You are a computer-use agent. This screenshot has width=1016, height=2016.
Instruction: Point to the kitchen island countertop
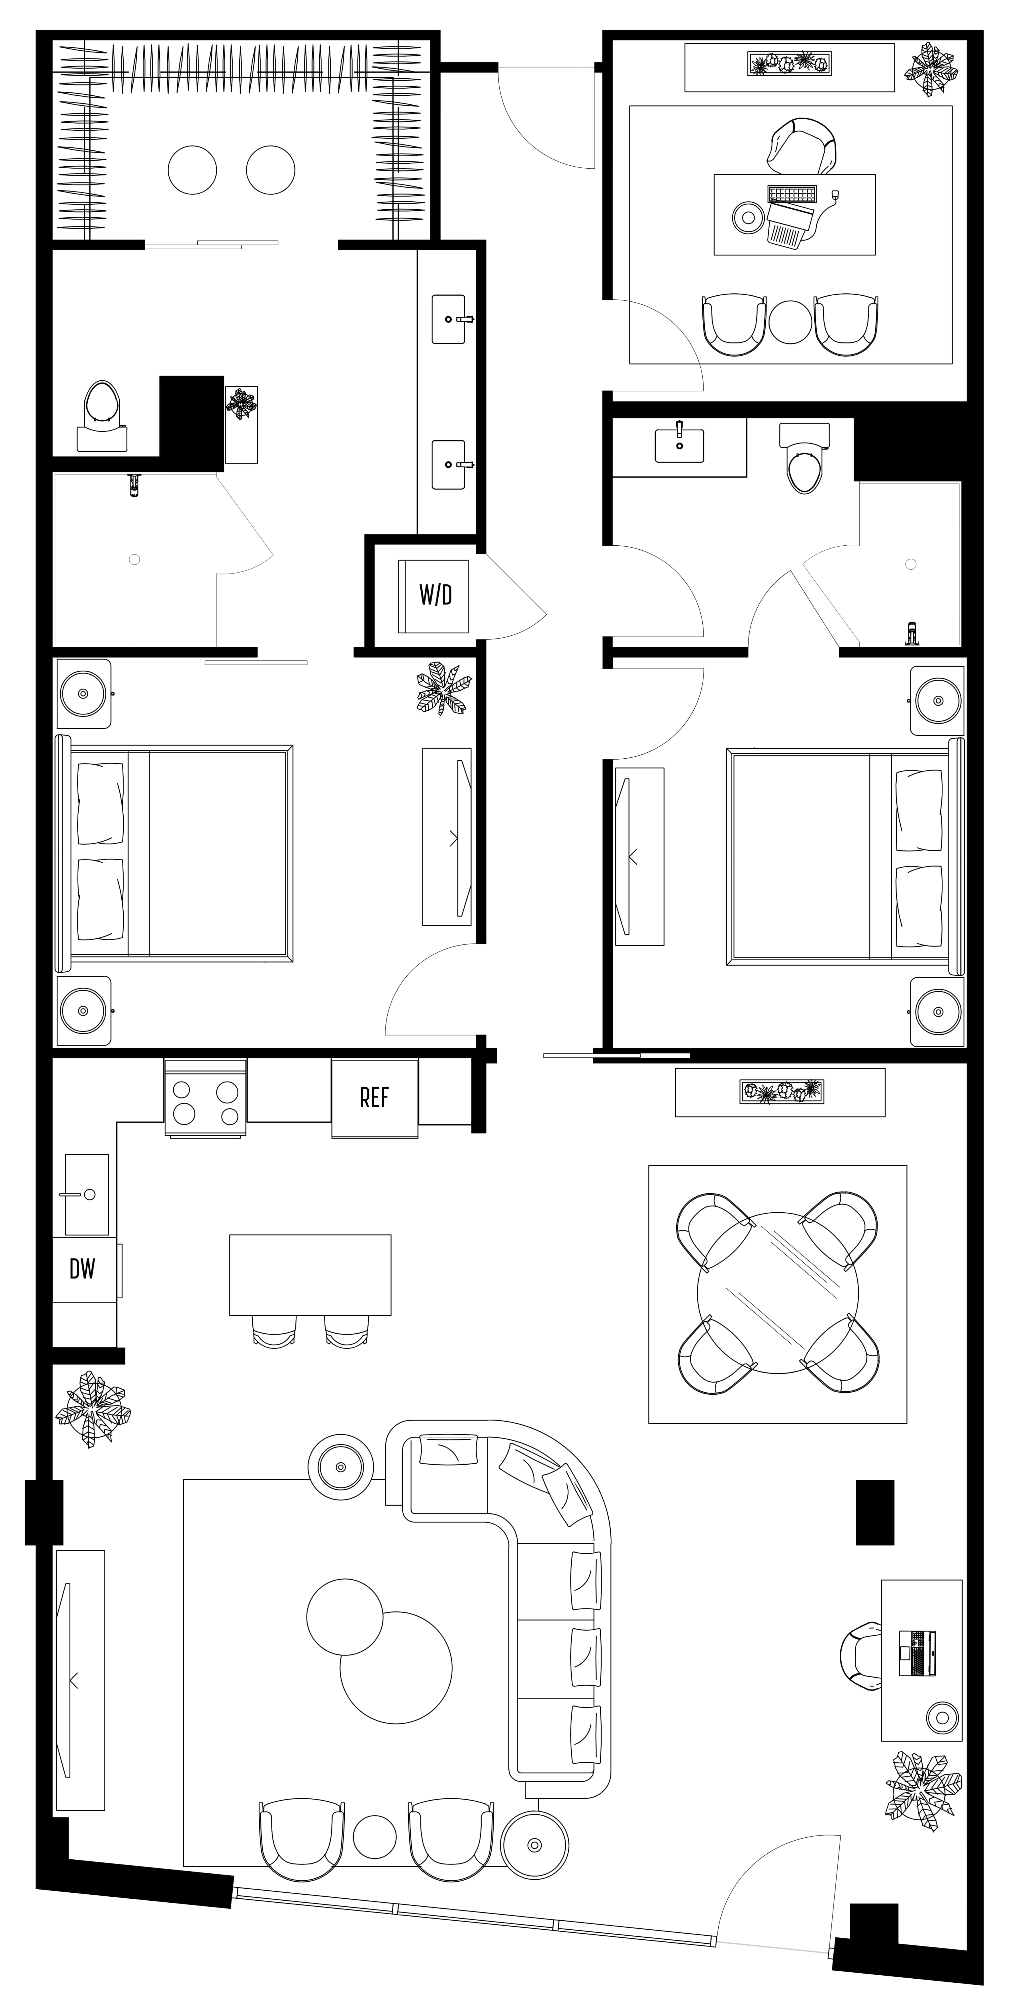[310, 1275]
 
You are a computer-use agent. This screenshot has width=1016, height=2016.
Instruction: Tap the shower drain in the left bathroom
[135, 559]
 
